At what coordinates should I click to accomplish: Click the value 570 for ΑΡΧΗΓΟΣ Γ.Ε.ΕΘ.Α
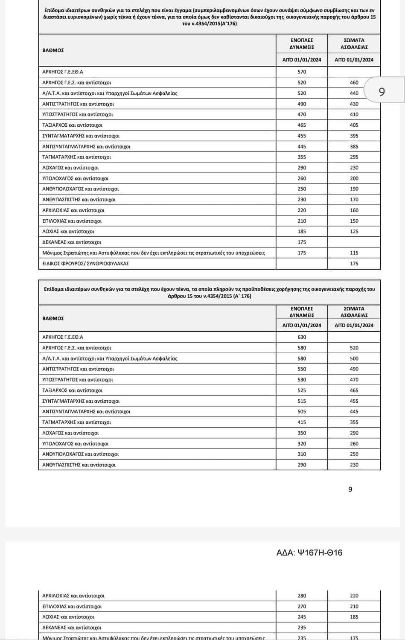(x=302, y=72)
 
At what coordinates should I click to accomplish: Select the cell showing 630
(x=302, y=337)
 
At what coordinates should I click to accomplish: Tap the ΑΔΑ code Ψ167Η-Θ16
(x=309, y=553)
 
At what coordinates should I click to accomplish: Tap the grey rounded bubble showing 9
(x=382, y=91)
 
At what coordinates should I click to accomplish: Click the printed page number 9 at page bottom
(x=350, y=489)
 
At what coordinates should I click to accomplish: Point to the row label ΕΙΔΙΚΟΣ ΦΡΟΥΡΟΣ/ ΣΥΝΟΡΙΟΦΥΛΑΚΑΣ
(x=85, y=264)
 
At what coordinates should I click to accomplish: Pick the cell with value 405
(x=354, y=125)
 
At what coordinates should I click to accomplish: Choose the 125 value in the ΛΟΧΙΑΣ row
(x=354, y=232)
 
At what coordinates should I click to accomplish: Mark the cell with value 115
(x=354, y=253)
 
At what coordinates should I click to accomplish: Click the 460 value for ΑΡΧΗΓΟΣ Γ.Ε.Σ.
(x=354, y=83)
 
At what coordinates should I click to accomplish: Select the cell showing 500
(x=354, y=358)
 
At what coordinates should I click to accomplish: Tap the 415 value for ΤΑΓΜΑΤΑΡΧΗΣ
(x=302, y=422)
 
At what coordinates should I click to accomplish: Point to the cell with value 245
(x=302, y=617)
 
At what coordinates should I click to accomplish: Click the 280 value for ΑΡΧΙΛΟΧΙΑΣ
(x=302, y=596)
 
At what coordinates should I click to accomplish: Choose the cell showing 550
(x=302, y=369)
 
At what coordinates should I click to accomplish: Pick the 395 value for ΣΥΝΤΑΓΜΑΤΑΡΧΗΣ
(x=354, y=136)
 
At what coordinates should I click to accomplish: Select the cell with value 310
(x=302, y=454)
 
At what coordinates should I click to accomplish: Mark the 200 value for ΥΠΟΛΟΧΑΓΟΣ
(x=354, y=178)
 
